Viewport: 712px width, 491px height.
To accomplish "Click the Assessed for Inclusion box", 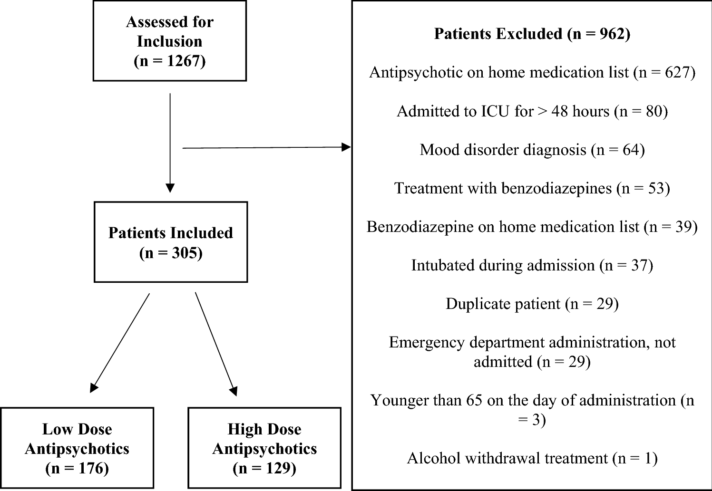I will [170, 41].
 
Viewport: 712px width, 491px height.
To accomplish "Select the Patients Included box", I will [171, 242].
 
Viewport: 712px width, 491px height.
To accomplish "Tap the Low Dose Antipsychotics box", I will [77, 448].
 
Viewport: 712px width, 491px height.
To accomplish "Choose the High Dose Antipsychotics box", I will [264, 448].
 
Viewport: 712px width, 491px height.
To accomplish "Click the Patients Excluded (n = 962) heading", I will [532, 34].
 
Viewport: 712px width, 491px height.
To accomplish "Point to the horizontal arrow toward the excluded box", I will [266, 148].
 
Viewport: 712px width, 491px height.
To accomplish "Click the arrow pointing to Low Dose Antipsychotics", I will [120, 342].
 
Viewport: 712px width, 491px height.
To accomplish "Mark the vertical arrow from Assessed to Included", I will [170, 143].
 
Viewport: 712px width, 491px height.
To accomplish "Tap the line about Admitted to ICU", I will [532, 111].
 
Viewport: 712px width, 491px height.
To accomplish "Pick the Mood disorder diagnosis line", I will [532, 150].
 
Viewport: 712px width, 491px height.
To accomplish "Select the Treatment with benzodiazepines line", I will [532, 188].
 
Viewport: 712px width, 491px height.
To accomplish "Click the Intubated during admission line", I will [532, 265].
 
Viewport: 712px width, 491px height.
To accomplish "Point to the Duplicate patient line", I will [532, 304].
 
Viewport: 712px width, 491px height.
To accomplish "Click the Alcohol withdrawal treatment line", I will [532, 458].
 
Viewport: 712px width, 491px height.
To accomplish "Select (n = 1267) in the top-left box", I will [170, 61].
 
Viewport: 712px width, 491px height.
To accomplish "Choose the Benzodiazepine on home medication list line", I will [532, 227].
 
